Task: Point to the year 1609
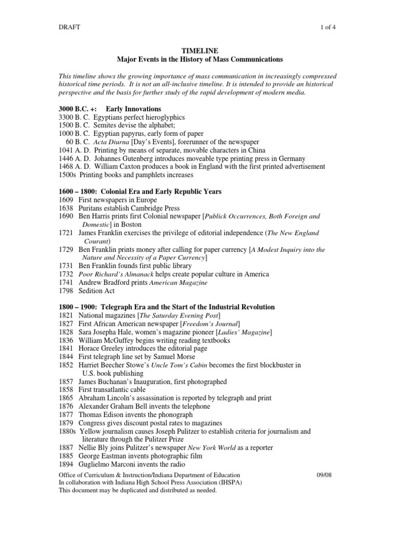tap(66, 200)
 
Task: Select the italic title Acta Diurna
tap(111, 142)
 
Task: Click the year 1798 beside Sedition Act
tap(66, 291)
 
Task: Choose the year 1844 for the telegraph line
tap(66, 357)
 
